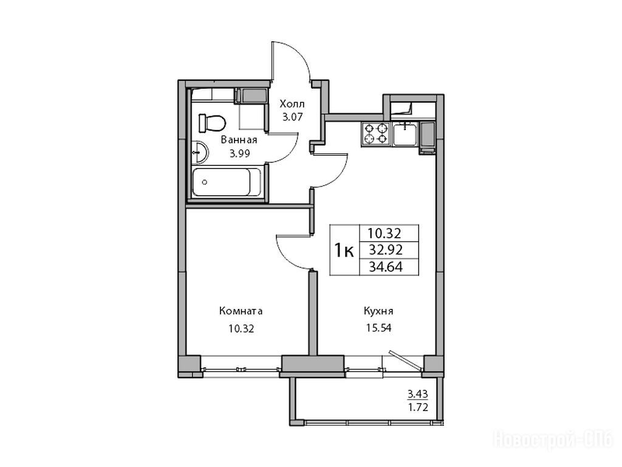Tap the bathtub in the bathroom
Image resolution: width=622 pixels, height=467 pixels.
(x=227, y=182)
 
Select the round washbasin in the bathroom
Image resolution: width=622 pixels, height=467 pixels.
(x=199, y=152)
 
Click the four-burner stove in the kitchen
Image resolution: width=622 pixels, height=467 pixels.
(x=376, y=134)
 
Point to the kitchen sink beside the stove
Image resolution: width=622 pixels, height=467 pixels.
(x=405, y=134)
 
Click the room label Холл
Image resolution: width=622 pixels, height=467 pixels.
(x=292, y=104)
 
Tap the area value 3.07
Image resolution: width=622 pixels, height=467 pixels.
(x=292, y=117)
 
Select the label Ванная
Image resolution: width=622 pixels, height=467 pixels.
(x=239, y=140)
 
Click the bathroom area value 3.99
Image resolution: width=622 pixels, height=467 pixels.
(x=239, y=153)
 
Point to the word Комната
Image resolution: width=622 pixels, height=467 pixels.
(x=241, y=311)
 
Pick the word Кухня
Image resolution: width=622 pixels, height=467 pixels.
(x=378, y=311)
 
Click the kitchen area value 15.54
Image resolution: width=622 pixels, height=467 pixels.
(x=378, y=328)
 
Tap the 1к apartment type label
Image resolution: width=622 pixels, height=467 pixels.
(x=344, y=250)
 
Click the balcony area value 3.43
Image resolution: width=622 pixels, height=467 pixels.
(x=418, y=394)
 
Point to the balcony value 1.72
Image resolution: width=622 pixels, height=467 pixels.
(x=419, y=407)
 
